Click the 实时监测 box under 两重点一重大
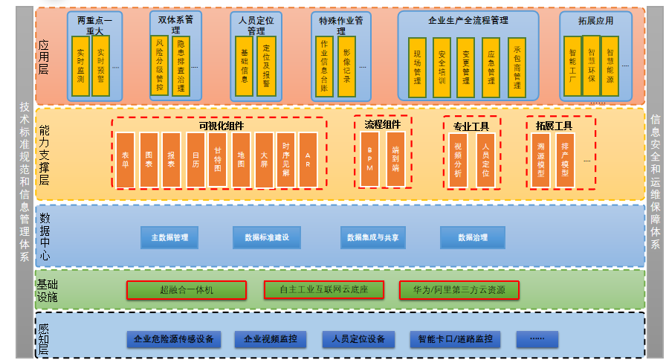[80, 65]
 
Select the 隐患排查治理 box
[180, 67]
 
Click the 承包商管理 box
[517, 68]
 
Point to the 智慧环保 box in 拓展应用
[591, 65]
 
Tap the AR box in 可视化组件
[308, 160]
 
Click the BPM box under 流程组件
[369, 159]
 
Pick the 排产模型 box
[565, 160]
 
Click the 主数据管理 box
[169, 238]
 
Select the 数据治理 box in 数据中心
[473, 238]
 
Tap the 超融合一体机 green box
[186, 290]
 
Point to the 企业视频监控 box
[271, 339]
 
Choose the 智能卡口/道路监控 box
[455, 339]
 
